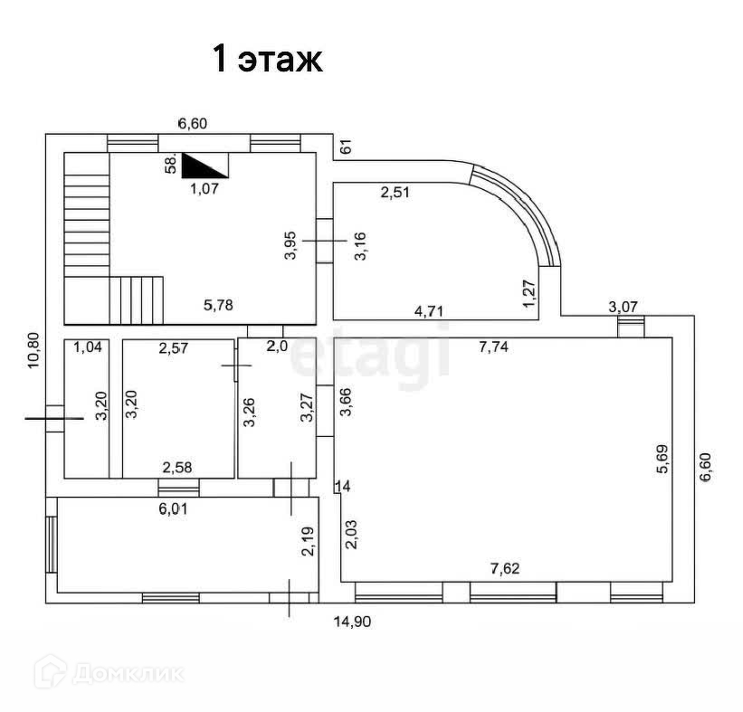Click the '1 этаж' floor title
click(x=268, y=59)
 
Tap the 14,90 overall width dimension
click(x=352, y=622)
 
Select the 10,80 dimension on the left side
click(x=33, y=350)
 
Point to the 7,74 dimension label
click(x=493, y=347)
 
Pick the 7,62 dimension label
click(x=505, y=568)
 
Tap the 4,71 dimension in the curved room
click(x=429, y=311)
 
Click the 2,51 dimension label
click(x=395, y=192)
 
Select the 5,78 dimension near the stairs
click(x=218, y=305)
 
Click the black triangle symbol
click(x=205, y=166)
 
